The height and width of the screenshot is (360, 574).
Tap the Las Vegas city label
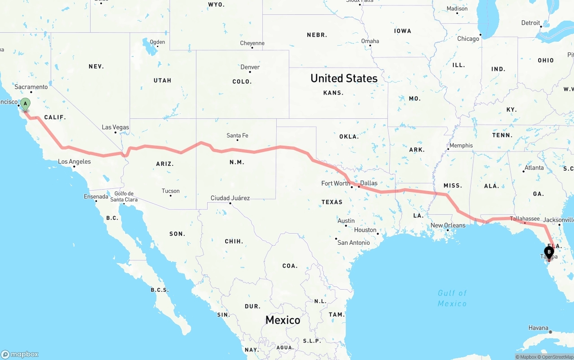(115, 127)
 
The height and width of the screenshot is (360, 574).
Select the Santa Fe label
(237, 135)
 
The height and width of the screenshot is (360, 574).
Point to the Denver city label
(250, 67)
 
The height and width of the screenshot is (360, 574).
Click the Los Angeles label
(74, 161)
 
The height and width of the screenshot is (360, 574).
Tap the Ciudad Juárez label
(230, 198)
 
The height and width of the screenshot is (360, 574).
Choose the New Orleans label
(448, 226)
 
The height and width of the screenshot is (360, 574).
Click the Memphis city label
(461, 145)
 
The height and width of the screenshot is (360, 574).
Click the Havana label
(538, 328)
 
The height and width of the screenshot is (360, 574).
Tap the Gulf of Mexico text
(452, 298)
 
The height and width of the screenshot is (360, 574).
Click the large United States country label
(344, 78)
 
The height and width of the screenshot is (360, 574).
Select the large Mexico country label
(283, 320)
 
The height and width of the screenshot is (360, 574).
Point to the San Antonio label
(353, 243)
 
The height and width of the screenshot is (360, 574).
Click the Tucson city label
(170, 191)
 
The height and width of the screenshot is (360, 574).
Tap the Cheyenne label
(252, 43)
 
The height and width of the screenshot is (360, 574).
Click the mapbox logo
(20, 354)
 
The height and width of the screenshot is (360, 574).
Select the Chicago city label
(468, 39)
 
